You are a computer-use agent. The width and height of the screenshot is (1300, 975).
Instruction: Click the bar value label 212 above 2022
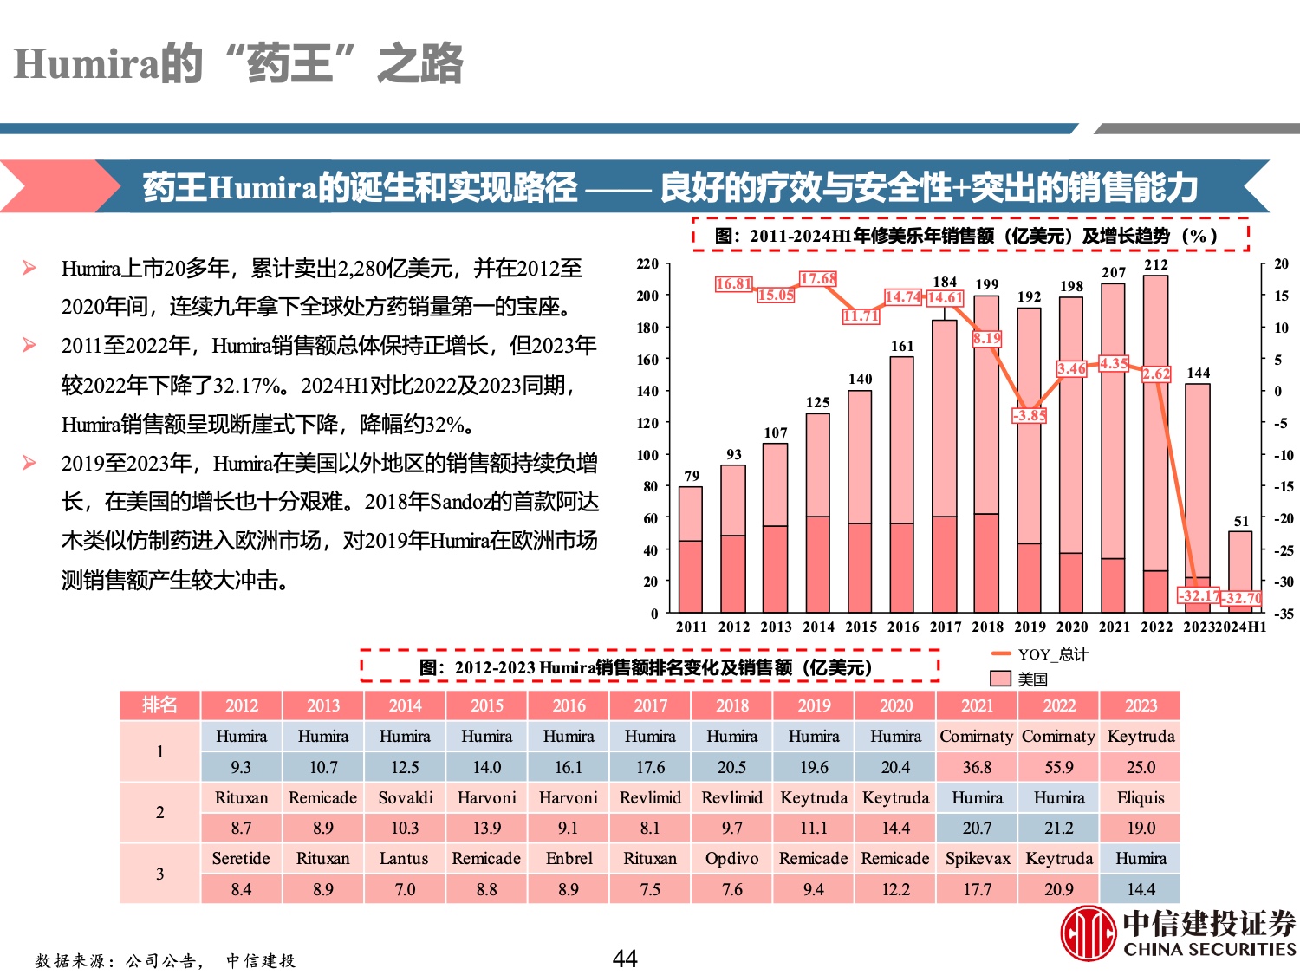[x=1156, y=265]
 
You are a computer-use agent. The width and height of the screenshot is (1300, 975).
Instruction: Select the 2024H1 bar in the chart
[x=1241, y=572]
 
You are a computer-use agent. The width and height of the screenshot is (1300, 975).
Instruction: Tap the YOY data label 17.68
[x=817, y=278]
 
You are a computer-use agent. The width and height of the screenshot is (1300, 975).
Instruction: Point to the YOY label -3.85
[x=1029, y=415]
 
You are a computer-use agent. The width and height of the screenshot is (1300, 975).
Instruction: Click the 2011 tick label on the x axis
[x=691, y=627]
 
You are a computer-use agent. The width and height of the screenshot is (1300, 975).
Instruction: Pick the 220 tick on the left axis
[x=647, y=263]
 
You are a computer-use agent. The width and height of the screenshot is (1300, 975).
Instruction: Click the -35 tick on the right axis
[x=1283, y=614]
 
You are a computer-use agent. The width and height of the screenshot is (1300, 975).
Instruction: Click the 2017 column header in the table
[x=650, y=705]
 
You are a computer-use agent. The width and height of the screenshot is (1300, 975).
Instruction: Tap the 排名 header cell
[x=159, y=705]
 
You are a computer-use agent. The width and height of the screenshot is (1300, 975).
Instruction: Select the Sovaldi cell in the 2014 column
[x=405, y=797]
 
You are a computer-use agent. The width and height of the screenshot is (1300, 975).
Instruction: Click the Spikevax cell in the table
[x=977, y=859]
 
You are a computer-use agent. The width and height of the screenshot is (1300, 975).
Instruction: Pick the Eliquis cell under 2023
[x=1141, y=797]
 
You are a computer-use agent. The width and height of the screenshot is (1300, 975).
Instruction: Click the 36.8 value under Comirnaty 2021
[x=977, y=767]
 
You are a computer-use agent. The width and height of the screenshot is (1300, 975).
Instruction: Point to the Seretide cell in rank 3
[x=241, y=859]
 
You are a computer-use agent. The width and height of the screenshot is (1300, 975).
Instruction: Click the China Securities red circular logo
[x=1088, y=933]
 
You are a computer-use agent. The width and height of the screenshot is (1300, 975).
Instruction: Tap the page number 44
[x=625, y=959]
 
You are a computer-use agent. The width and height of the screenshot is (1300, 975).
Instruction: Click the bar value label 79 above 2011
[x=692, y=476]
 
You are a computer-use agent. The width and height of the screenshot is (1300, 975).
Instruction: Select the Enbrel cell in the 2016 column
[x=569, y=859]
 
